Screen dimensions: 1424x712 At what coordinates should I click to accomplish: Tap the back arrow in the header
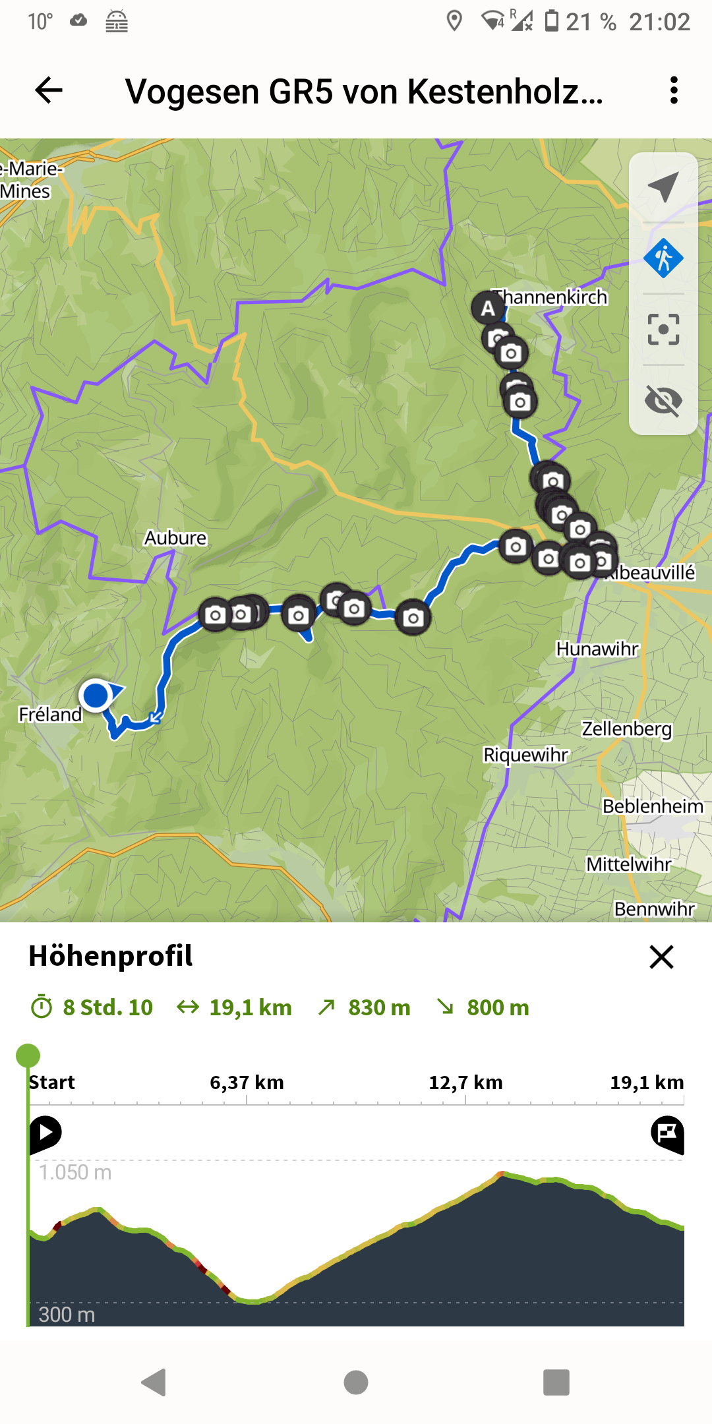[x=49, y=90]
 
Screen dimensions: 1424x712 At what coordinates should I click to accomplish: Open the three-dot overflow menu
[x=673, y=90]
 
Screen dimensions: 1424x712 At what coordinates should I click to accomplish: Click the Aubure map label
[x=175, y=538]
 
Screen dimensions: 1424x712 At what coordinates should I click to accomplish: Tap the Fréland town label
[x=50, y=714]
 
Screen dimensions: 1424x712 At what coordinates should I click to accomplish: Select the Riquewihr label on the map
[x=525, y=754]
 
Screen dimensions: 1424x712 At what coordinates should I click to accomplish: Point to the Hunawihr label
[x=597, y=649]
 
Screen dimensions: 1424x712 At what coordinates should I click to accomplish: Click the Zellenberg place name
[x=626, y=728]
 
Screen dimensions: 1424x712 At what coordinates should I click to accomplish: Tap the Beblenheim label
[x=652, y=806]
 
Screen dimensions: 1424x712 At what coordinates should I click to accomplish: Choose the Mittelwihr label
[x=628, y=864]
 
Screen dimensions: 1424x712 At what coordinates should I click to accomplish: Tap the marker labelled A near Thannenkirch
[x=487, y=307]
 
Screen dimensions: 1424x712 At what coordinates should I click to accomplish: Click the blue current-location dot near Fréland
[x=96, y=695]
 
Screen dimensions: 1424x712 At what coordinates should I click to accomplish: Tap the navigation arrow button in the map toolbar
[x=663, y=187]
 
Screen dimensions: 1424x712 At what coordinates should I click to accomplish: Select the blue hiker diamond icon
[x=663, y=258]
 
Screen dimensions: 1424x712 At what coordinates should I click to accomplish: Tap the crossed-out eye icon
[x=663, y=400]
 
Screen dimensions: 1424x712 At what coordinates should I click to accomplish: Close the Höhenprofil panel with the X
[x=661, y=957]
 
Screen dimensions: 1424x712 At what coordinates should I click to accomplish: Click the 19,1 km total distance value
[x=250, y=1007]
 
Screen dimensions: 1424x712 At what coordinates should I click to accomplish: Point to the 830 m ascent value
[x=379, y=1007]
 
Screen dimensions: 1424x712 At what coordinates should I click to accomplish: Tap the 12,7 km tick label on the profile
[x=465, y=1083]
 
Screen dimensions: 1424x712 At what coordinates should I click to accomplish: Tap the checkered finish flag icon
[x=667, y=1133]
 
